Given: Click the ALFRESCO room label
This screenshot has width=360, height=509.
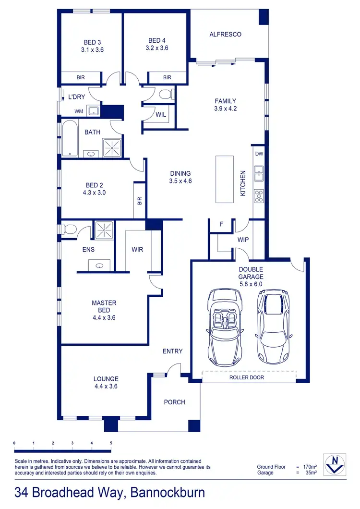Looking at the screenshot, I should (225, 35).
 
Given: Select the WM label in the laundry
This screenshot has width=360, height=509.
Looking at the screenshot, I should (78, 111).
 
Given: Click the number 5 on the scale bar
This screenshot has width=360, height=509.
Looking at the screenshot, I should (111, 443).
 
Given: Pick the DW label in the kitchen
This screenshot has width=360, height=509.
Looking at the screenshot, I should (259, 154).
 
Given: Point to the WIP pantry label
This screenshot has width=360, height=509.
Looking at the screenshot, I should (243, 239).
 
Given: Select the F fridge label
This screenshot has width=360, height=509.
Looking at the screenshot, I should (221, 224).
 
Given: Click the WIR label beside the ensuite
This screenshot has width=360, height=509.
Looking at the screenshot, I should (137, 250).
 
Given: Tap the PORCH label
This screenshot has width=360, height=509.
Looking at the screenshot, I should (174, 402).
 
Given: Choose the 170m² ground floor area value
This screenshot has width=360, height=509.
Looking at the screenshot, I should (310, 467).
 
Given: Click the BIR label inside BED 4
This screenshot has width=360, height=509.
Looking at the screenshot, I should (167, 77).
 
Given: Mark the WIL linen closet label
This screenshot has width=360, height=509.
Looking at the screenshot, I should (161, 115).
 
